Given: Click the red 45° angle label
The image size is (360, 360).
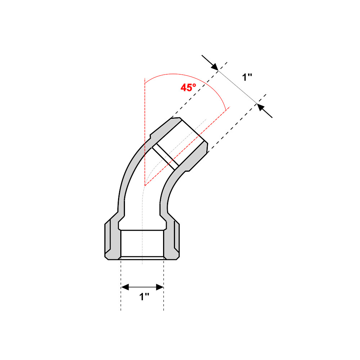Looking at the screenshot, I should click(x=188, y=87).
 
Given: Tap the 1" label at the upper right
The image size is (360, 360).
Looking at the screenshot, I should click(x=247, y=77).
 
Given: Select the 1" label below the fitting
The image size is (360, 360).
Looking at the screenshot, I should click(x=144, y=297).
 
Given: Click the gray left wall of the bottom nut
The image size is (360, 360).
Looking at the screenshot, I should click(x=113, y=241).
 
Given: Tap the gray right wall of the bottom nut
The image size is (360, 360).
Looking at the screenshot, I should click(x=172, y=241).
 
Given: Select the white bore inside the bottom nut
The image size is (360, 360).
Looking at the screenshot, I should click(x=143, y=243).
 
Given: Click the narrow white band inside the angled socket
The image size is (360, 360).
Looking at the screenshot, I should click(x=166, y=157).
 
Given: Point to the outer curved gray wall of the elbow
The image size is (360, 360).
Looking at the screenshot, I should click(x=128, y=173).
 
